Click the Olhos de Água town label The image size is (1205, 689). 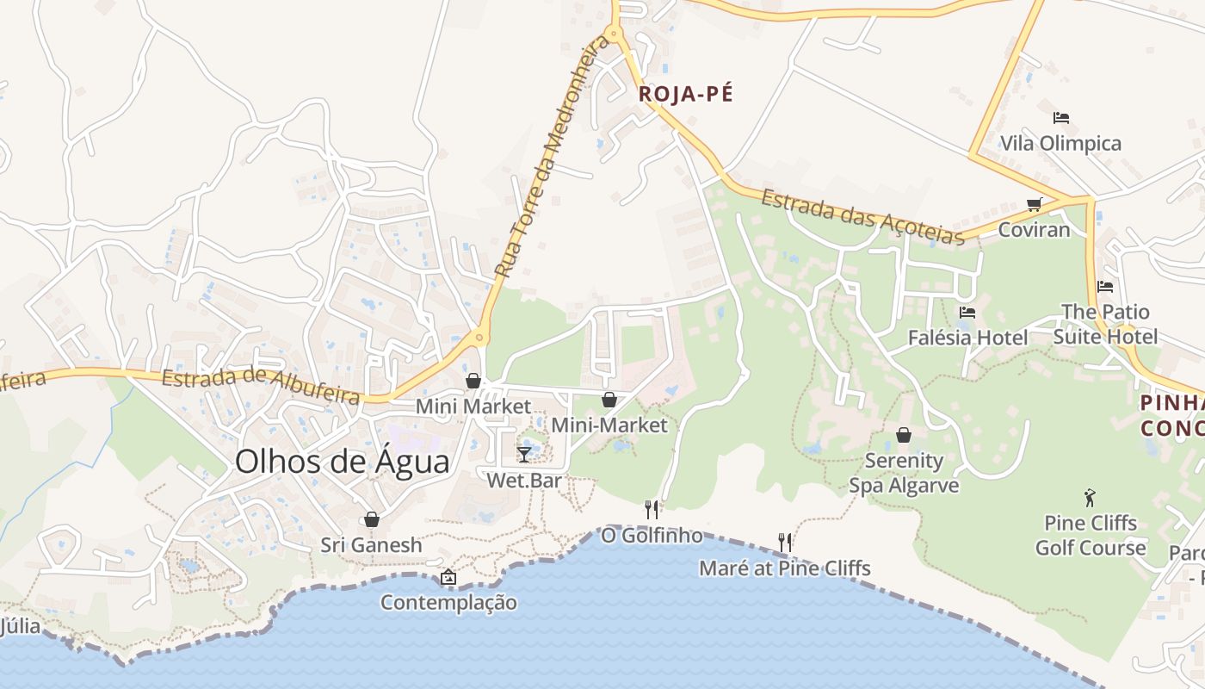[342, 462]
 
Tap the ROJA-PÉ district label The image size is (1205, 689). [685, 94]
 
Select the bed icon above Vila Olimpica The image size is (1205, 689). [1060, 118]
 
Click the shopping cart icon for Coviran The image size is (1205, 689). [1034, 205]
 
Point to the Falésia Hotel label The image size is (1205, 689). [967, 338]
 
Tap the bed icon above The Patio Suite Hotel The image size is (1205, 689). [1105, 287]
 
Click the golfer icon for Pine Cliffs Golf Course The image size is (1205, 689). [1090, 498]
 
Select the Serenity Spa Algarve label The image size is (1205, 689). [904, 473]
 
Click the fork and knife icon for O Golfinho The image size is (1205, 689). [652, 510]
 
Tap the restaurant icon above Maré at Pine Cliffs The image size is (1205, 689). [784, 543]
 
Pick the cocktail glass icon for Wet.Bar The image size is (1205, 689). [523, 454]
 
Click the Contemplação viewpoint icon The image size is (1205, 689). [448, 577]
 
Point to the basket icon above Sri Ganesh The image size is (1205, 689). [371, 519]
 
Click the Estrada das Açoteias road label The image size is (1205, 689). [862, 217]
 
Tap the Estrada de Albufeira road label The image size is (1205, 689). [261, 387]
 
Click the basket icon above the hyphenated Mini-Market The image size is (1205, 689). [609, 400]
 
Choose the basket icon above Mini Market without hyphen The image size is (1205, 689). [473, 381]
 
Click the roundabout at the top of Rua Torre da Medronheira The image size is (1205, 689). [614, 34]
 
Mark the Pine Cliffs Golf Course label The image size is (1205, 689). [1090, 536]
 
